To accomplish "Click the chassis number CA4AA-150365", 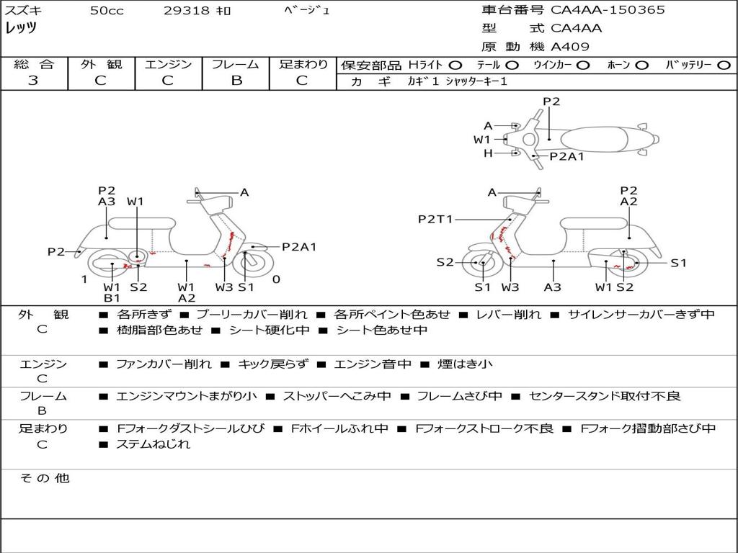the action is point(608,10).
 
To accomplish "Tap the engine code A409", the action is point(570,47).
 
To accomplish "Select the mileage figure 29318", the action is point(187,11).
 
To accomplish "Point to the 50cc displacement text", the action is point(107,11).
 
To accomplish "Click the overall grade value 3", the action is point(33,81).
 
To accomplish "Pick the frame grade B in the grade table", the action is point(236,81).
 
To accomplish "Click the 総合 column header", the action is point(33,65).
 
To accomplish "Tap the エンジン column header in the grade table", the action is point(168,65).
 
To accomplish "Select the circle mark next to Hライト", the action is point(456,66).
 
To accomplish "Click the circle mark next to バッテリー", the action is point(724,66).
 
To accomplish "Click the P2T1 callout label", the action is point(435,219).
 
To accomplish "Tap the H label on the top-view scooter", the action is point(488,153).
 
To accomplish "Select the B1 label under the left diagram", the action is point(112,298).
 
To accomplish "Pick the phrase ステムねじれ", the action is point(153,444).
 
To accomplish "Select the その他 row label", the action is point(44,478).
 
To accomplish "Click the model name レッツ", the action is point(21,28).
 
